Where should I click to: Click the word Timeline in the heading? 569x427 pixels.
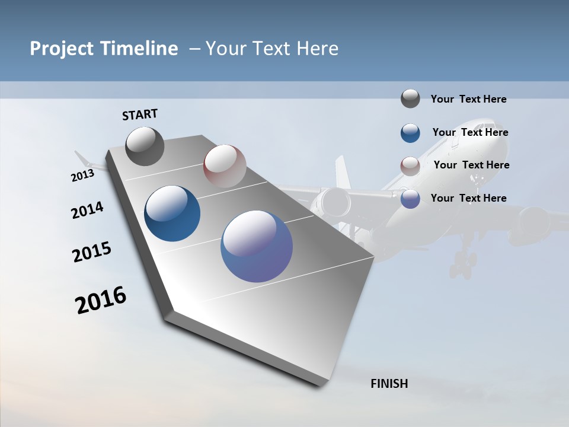(145, 49)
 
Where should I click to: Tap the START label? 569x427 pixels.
(140, 114)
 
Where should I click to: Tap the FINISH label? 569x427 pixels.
(389, 384)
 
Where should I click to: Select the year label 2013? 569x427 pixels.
(82, 176)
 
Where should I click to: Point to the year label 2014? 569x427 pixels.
(87, 210)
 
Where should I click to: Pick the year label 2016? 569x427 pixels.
(101, 300)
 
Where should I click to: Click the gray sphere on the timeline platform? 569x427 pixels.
(145, 146)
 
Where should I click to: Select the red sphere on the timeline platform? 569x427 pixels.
(225, 165)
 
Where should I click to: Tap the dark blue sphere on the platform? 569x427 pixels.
(172, 213)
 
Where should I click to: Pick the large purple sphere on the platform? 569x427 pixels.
(257, 246)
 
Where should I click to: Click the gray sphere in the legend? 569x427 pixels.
(410, 99)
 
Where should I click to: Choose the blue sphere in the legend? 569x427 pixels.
(410, 133)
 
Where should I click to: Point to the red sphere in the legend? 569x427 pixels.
(410, 165)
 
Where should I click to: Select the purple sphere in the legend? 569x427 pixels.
(410, 199)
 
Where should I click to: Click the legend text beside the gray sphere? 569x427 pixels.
(468, 99)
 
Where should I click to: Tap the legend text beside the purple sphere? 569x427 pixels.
(468, 198)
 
